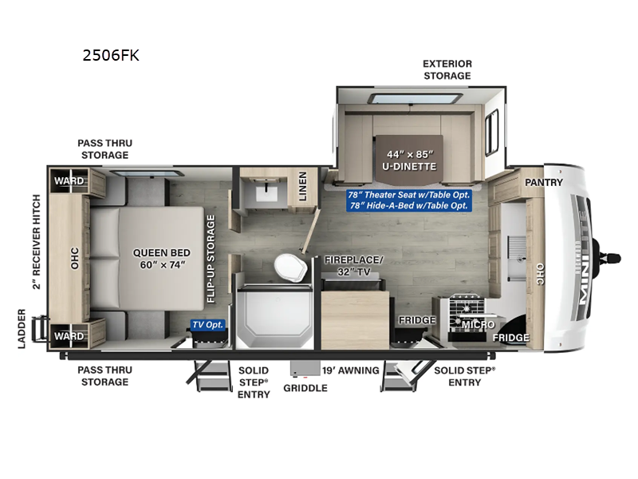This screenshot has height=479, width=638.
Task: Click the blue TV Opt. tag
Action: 207,325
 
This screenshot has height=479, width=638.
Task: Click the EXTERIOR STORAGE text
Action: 447,69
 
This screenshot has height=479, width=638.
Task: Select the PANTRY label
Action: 544,182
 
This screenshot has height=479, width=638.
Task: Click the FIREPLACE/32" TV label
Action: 353,266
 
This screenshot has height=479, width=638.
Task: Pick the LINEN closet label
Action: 302,188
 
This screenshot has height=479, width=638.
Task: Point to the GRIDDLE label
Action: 305,388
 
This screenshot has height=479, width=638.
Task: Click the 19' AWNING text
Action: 350,370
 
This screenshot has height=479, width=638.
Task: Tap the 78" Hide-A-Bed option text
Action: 408,205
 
